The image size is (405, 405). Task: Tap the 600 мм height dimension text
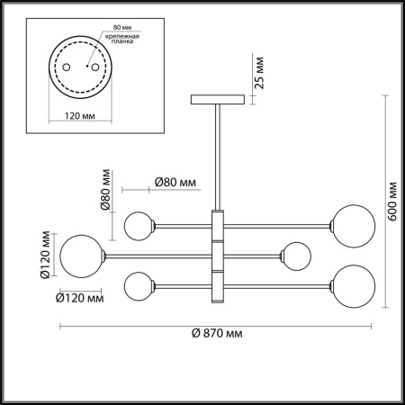(393, 203)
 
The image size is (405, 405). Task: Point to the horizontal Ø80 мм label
(175, 183)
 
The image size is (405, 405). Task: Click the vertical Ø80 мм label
(105, 189)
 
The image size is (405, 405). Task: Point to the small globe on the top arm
(139, 225)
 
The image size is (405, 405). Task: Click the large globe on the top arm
(351, 223)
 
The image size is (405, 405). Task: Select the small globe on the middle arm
(294, 256)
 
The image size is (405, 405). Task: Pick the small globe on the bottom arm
(139, 286)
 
